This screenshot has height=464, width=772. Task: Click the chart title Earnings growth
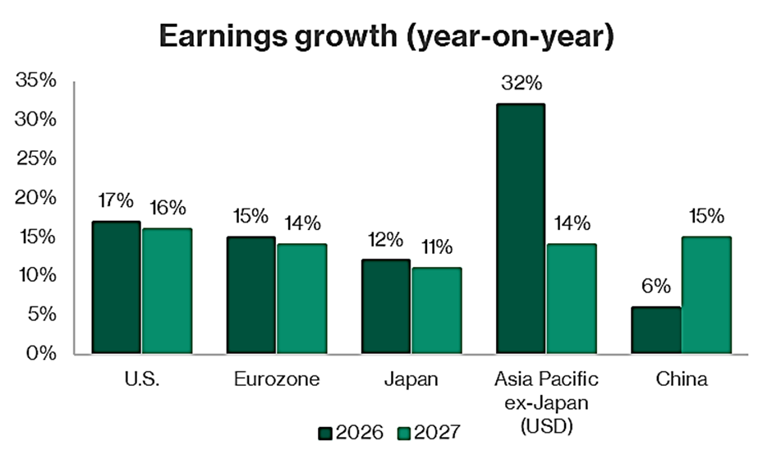[385, 36]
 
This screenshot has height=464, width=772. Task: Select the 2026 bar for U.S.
[117, 287]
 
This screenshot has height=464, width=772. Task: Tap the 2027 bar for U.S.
[167, 292]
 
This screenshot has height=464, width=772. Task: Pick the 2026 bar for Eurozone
[251, 296]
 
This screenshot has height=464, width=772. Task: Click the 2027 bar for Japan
[436, 310]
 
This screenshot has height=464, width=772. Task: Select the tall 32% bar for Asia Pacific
[520, 229]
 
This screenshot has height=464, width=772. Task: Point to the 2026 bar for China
[655, 330]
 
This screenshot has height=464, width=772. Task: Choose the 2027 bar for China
[705, 296]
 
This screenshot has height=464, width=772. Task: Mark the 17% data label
[117, 200]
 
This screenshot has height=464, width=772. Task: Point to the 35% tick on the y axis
[36, 81]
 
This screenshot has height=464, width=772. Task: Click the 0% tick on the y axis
[41, 354]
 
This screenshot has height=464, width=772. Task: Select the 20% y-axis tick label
[36, 198]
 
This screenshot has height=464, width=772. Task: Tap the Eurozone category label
[276, 379]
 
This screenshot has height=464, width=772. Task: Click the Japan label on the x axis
[411, 379]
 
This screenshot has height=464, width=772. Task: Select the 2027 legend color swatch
[404, 432]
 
